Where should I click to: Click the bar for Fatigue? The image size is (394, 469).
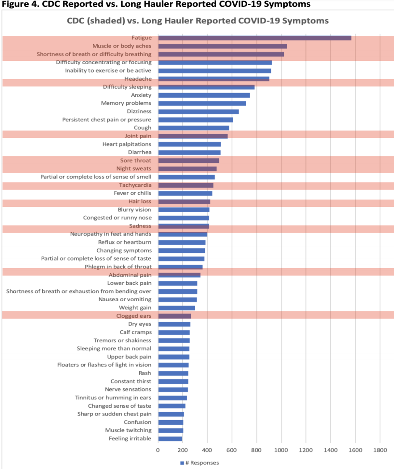click(254, 38)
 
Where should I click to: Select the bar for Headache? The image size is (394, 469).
click(213, 79)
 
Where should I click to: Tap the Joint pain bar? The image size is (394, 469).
click(193, 136)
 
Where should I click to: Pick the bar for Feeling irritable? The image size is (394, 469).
click(170, 438)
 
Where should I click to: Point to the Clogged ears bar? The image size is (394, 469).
click(174, 316)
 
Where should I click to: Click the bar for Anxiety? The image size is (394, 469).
click(204, 95)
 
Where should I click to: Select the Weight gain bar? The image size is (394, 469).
click(176, 308)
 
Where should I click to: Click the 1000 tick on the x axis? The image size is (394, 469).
click(281, 450)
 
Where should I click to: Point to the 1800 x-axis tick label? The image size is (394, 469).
click(379, 450)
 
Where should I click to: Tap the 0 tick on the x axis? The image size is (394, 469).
click(158, 450)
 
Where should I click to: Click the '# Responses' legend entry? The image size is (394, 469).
click(199, 463)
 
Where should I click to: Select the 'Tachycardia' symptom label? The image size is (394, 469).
click(135, 185)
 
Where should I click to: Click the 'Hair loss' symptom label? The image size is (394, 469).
click(140, 201)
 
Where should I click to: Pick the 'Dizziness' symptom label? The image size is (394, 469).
click(138, 111)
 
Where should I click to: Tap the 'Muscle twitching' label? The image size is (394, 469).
click(128, 430)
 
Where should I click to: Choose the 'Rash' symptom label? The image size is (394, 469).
click(145, 373)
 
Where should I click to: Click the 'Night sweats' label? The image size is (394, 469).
click(134, 169)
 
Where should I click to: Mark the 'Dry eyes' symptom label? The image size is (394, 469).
click(140, 324)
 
